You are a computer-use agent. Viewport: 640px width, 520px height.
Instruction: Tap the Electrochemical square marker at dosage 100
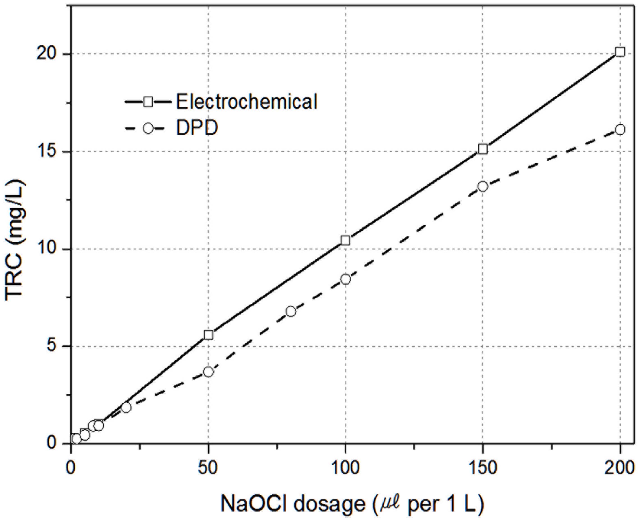[x=345, y=240]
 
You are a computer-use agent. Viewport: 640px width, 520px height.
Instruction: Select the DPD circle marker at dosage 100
[x=346, y=279]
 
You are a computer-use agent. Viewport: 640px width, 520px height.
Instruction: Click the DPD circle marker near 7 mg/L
[x=291, y=311]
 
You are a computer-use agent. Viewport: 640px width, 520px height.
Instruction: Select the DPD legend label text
[x=197, y=129]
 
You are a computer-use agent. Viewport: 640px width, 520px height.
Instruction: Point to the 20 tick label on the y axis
[x=46, y=54]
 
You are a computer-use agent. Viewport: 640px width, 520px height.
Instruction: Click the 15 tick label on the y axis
[x=46, y=152]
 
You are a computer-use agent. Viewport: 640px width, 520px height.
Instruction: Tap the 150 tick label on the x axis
[x=482, y=468]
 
